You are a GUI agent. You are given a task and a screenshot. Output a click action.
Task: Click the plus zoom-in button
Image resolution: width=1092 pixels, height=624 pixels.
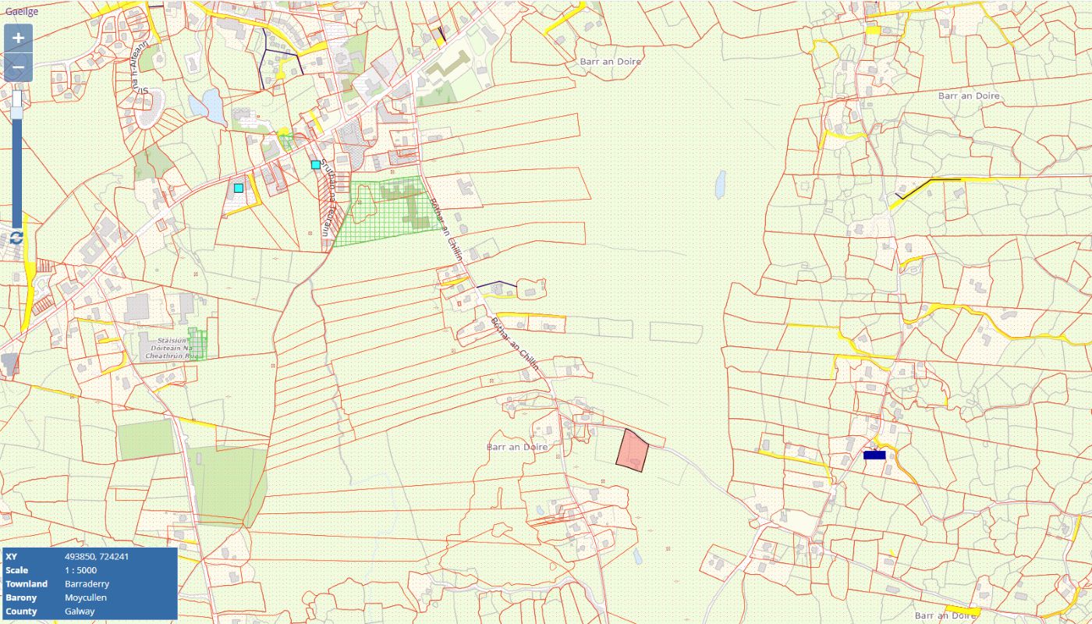pyautogui.click(x=18, y=38)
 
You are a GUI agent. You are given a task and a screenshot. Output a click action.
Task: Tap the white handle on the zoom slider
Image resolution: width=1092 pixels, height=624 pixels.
pyautogui.click(x=17, y=104)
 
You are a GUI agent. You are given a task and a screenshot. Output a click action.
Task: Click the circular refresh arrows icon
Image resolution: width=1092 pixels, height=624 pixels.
pyautogui.click(x=17, y=237)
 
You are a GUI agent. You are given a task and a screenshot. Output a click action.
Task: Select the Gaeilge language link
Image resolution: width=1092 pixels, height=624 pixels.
pyautogui.click(x=22, y=12)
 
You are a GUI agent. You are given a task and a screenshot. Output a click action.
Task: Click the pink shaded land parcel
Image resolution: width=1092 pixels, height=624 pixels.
pyautogui.click(x=633, y=451)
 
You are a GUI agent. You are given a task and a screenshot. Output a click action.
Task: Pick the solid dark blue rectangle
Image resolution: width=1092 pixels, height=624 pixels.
pyautogui.click(x=874, y=455)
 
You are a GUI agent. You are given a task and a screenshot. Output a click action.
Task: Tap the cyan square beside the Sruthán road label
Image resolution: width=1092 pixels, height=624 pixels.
pyautogui.click(x=316, y=165)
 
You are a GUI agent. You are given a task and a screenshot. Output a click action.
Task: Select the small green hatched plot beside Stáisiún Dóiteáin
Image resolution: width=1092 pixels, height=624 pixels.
pyautogui.click(x=198, y=344)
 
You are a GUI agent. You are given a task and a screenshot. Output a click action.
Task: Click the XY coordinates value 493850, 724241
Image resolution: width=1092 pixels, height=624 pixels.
pyautogui.click(x=97, y=557)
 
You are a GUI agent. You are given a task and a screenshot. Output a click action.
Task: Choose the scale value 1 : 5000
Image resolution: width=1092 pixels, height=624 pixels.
pyautogui.click(x=81, y=570)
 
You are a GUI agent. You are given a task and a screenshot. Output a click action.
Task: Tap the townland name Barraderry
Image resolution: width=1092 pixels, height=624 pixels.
pyautogui.click(x=87, y=583)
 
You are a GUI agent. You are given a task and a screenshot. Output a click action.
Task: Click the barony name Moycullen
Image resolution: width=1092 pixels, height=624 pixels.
pyautogui.click(x=86, y=597)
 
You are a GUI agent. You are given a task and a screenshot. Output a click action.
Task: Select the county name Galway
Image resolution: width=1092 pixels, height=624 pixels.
pyautogui.click(x=80, y=611)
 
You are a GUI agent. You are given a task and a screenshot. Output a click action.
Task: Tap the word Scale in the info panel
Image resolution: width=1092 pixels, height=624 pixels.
pyautogui.click(x=17, y=570)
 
